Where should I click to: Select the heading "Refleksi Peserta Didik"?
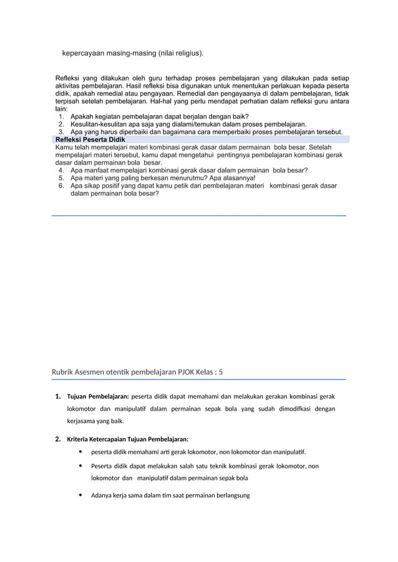pyautogui.click(x=90, y=140)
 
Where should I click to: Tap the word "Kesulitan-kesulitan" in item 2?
pyautogui.click(x=99, y=124)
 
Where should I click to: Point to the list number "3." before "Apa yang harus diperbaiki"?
pyautogui.click(x=62, y=132)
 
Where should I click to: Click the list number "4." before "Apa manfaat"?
pyautogui.click(x=62, y=169)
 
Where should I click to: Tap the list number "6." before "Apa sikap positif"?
pyautogui.click(x=62, y=186)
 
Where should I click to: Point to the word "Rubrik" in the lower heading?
pyautogui.click(x=64, y=373)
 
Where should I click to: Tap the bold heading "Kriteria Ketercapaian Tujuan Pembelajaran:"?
pyautogui.click(x=128, y=439)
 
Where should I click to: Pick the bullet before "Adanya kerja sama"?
pyautogui.click(x=81, y=495)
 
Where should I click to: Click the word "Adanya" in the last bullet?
pyautogui.click(x=103, y=495)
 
